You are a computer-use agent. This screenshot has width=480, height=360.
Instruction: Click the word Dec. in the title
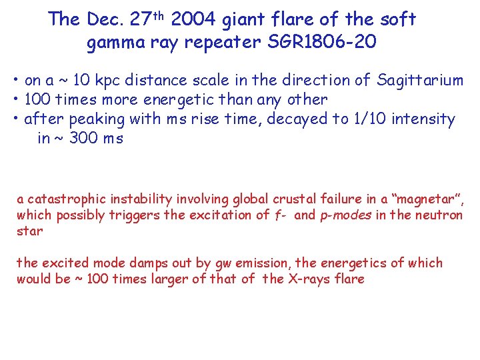pos(103,19)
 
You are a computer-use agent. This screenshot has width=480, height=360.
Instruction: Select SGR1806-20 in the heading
pos(322,43)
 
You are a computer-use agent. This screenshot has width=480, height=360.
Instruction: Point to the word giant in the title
pos(250,20)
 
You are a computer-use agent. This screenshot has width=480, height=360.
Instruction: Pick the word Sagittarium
pos(420,81)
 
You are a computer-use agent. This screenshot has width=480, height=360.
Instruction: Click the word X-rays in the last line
pos(306,279)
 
